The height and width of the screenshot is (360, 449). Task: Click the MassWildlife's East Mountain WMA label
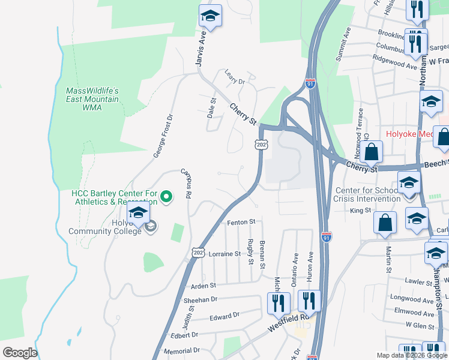point(92,99)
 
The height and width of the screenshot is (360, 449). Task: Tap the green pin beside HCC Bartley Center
point(167,196)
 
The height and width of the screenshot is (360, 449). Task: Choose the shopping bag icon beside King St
point(385,222)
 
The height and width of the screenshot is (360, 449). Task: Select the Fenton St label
point(241,223)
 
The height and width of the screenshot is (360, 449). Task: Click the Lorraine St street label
point(224,254)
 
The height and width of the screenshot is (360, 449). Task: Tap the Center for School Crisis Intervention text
point(368,194)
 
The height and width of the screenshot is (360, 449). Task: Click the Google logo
point(20,353)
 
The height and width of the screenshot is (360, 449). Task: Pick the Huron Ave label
point(311,264)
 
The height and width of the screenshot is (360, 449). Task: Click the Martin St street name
point(388,260)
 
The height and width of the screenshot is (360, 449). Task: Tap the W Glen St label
point(420,325)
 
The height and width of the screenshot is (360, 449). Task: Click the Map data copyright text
point(412,355)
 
